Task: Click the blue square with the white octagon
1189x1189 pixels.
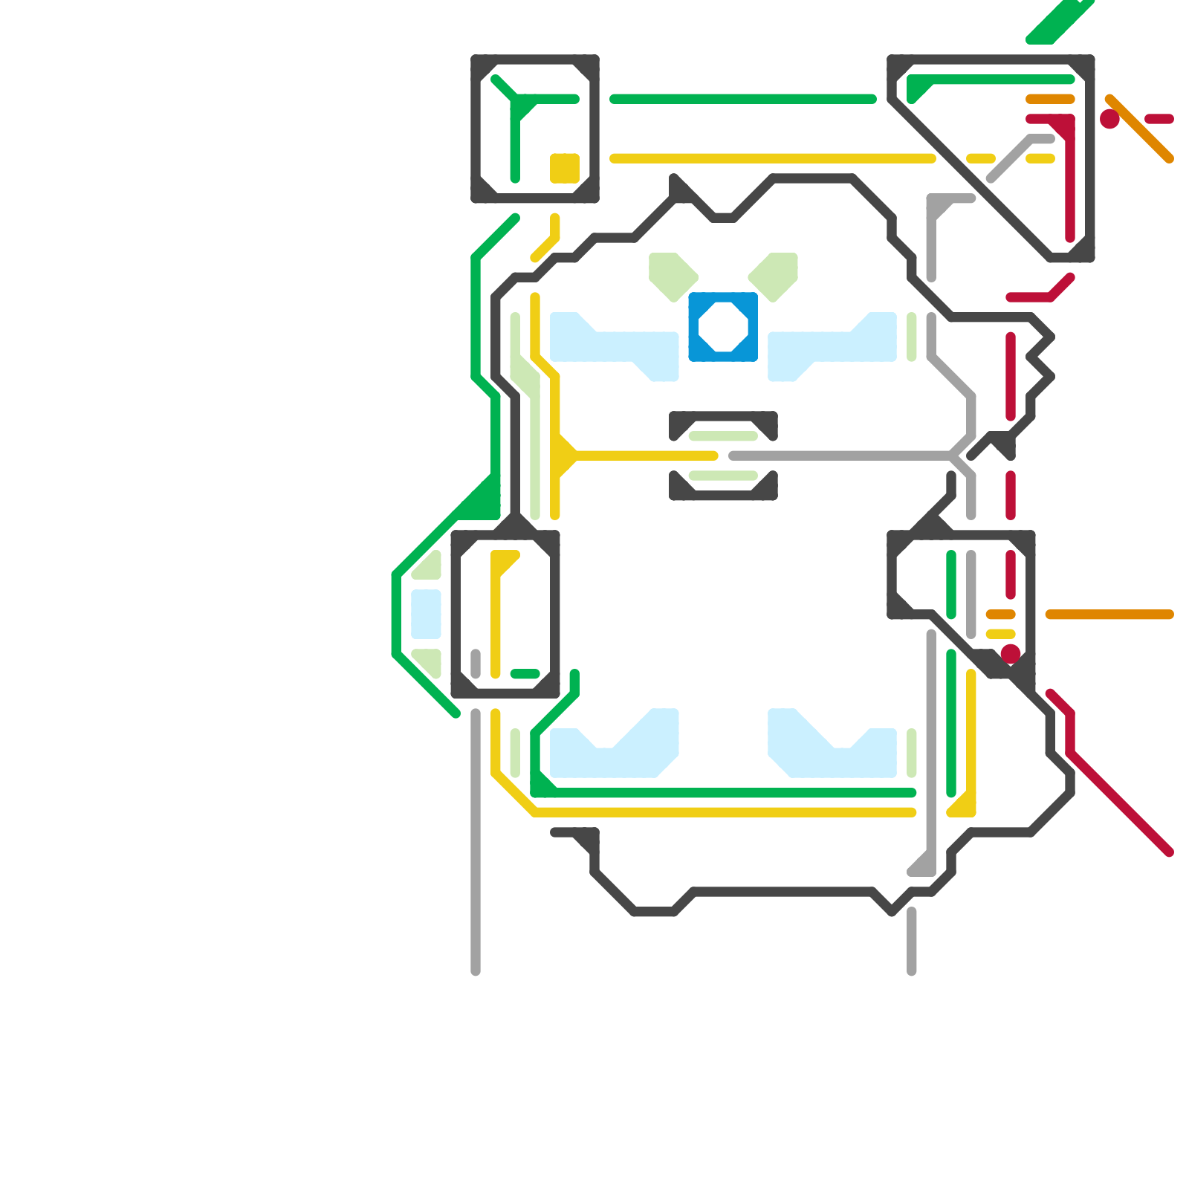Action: pos(723,327)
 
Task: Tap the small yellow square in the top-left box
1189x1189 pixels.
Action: pos(565,168)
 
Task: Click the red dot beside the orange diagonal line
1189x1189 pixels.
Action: pos(1109,119)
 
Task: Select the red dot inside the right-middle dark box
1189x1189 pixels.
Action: pos(1010,654)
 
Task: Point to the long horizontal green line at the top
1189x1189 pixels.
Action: pos(743,99)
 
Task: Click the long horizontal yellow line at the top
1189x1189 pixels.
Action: pos(773,158)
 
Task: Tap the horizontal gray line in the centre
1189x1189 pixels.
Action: pos(840,456)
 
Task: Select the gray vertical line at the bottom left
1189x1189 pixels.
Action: pos(476,840)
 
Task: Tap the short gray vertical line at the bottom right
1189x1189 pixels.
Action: pos(912,940)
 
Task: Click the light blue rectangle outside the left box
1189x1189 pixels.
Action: pos(426,614)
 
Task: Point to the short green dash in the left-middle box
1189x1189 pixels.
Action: pos(525,674)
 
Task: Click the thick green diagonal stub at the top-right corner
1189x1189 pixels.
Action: pos(1059,21)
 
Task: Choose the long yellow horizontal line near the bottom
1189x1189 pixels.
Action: pos(725,812)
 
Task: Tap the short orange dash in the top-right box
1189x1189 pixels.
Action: pos(1050,99)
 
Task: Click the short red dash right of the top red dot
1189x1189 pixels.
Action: pos(1159,119)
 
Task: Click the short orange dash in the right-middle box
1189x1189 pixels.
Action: pos(1000,615)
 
